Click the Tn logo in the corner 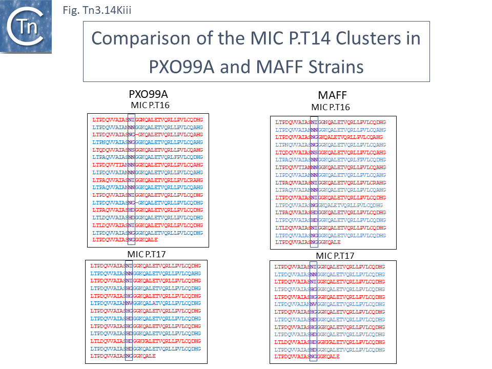(27, 27)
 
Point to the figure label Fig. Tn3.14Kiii (96, 10)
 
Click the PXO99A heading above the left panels (148, 95)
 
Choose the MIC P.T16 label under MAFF (331, 107)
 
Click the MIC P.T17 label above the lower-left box (146, 254)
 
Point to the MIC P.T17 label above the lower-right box (335, 256)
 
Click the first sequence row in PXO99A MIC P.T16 (148, 119)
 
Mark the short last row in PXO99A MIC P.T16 (125, 240)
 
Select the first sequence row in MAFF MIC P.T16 (331, 122)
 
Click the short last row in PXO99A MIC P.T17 (122, 356)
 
